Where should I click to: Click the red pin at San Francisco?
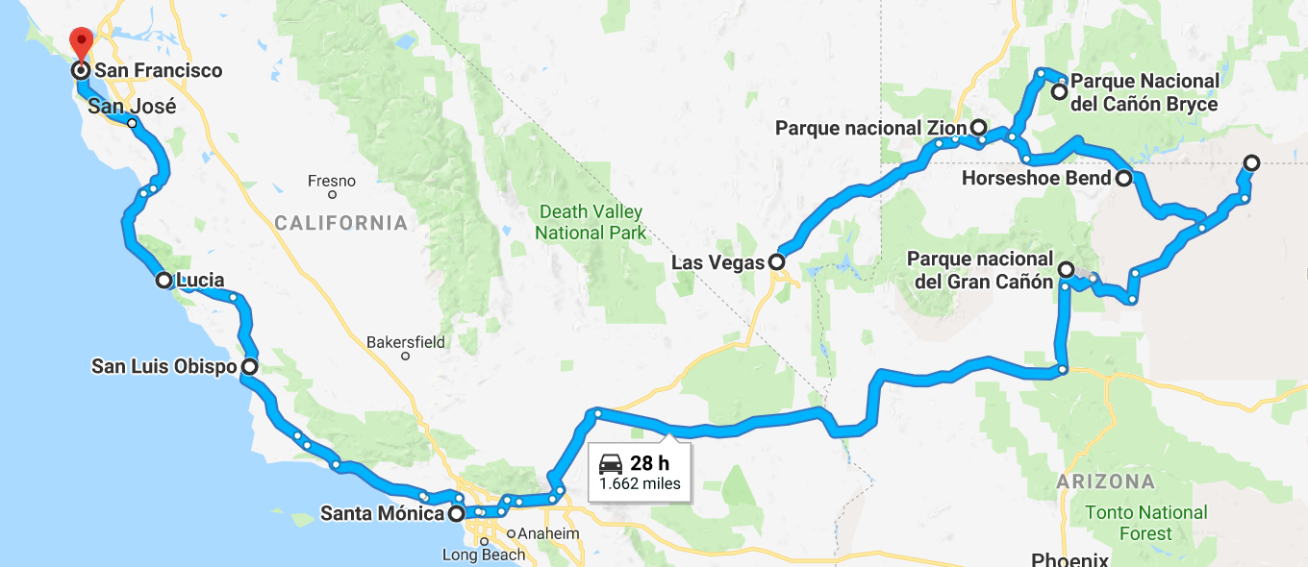(x=81, y=42)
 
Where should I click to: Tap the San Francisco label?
(x=158, y=71)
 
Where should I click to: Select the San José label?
(x=132, y=107)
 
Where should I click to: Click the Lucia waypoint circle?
(x=163, y=281)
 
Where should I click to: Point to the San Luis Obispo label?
(x=163, y=366)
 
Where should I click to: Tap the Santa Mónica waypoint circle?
(x=457, y=513)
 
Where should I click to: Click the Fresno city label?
(x=331, y=181)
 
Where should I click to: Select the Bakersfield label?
(x=405, y=341)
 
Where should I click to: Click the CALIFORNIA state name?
(x=340, y=223)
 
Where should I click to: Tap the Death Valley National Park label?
(x=591, y=222)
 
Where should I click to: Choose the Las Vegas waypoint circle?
(x=775, y=261)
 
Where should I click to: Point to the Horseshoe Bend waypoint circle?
(x=1123, y=178)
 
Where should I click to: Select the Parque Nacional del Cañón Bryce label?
(x=1144, y=92)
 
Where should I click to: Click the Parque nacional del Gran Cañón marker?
(x=1066, y=269)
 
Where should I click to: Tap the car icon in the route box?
(x=611, y=464)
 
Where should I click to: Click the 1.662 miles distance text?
(x=640, y=483)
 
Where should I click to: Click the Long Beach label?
(x=484, y=555)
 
